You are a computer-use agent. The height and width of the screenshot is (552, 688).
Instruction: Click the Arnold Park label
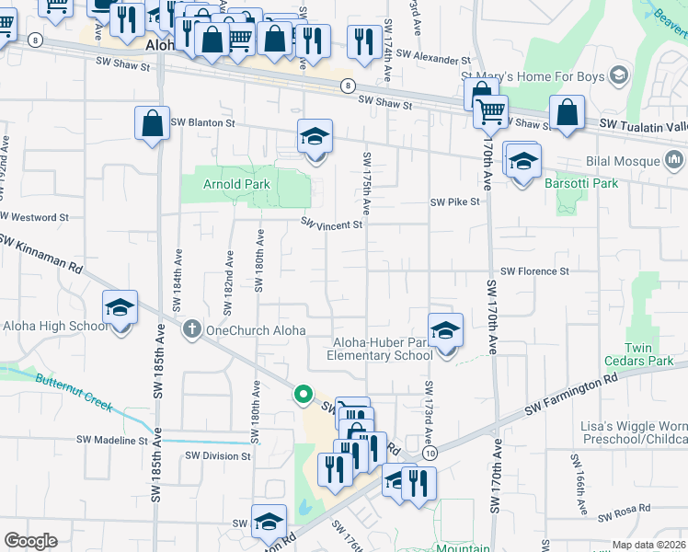point(236,184)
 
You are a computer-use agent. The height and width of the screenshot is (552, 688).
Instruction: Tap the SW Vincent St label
point(333,224)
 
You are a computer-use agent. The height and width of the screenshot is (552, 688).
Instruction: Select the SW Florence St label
point(534,271)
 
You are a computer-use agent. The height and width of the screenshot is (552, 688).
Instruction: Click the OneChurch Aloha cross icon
point(192,328)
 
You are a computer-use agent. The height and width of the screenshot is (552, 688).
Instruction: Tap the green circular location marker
point(303,395)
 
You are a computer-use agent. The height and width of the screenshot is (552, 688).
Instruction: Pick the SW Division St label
point(217,455)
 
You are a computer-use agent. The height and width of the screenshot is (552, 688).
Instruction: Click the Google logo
point(30,541)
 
